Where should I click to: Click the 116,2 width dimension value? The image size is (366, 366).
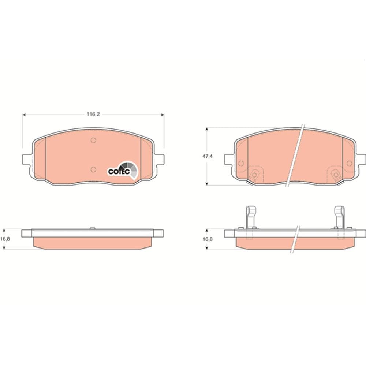click(x=93, y=114)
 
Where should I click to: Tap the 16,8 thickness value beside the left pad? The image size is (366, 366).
click(x=4, y=239)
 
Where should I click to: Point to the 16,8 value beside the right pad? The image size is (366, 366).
click(x=208, y=239)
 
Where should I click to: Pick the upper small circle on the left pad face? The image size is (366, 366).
click(x=93, y=140)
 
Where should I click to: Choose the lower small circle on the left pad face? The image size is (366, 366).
click(x=93, y=169)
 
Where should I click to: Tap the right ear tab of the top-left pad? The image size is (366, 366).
click(x=159, y=160)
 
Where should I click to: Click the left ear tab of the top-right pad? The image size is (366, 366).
click(x=229, y=160)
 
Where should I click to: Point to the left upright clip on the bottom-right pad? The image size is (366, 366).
click(x=250, y=217)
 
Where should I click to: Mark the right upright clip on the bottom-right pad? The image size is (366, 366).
click(x=340, y=217)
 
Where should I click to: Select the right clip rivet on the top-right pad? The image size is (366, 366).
click(x=335, y=175)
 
